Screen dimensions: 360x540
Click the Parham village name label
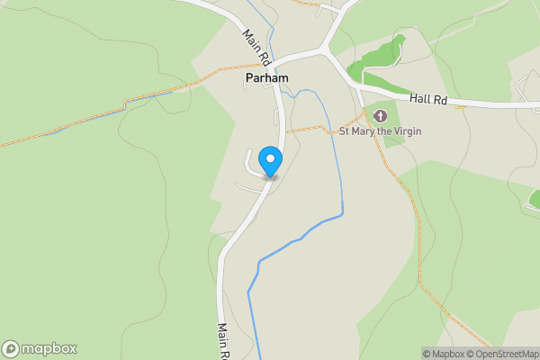[x=266, y=79]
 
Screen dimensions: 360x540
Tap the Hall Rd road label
[x=427, y=100]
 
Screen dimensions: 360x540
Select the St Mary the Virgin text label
[x=380, y=131]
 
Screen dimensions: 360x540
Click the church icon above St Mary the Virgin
[x=380, y=115]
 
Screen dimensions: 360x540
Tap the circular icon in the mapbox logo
[x=12, y=348]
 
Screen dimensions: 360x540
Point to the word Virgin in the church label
[x=405, y=131]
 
